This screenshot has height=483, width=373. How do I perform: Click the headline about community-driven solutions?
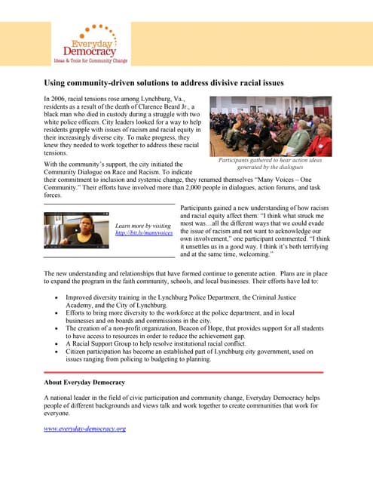point(164,82)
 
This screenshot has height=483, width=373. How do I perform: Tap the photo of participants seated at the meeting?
point(271,126)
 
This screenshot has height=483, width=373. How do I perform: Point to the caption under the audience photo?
point(270,164)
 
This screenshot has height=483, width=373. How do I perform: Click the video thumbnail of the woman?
point(75,230)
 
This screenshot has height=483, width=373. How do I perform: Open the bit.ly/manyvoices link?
point(143,234)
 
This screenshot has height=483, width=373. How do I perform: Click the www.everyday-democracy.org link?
point(84,428)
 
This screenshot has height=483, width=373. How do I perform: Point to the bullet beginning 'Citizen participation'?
point(58,352)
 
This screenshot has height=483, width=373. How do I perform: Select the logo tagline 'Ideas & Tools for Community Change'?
point(90,60)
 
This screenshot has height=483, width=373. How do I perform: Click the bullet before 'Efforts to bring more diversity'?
point(58,312)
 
